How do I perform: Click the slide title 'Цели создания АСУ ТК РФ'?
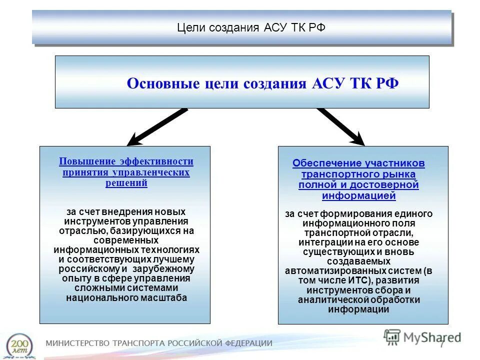251,27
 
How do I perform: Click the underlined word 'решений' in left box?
126,183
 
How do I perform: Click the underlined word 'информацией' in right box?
358,195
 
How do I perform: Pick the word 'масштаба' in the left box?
168,297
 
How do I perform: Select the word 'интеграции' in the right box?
322,242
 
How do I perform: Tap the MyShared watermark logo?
422,336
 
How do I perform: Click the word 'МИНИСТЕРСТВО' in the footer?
77,343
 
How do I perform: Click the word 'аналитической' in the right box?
328,299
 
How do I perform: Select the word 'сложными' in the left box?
94,288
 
